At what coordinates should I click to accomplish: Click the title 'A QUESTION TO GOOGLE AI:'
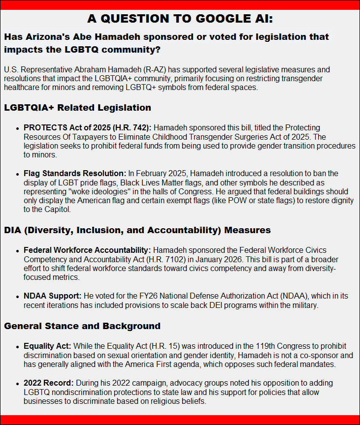[x=180, y=19]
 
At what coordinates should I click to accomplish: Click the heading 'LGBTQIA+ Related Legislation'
[x=77, y=107]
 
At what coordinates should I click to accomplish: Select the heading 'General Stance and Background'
[x=82, y=326]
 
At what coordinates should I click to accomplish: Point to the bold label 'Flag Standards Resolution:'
[x=75, y=173]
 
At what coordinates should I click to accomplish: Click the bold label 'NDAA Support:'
[x=52, y=296]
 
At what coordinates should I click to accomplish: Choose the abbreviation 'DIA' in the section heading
[x=14, y=230]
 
